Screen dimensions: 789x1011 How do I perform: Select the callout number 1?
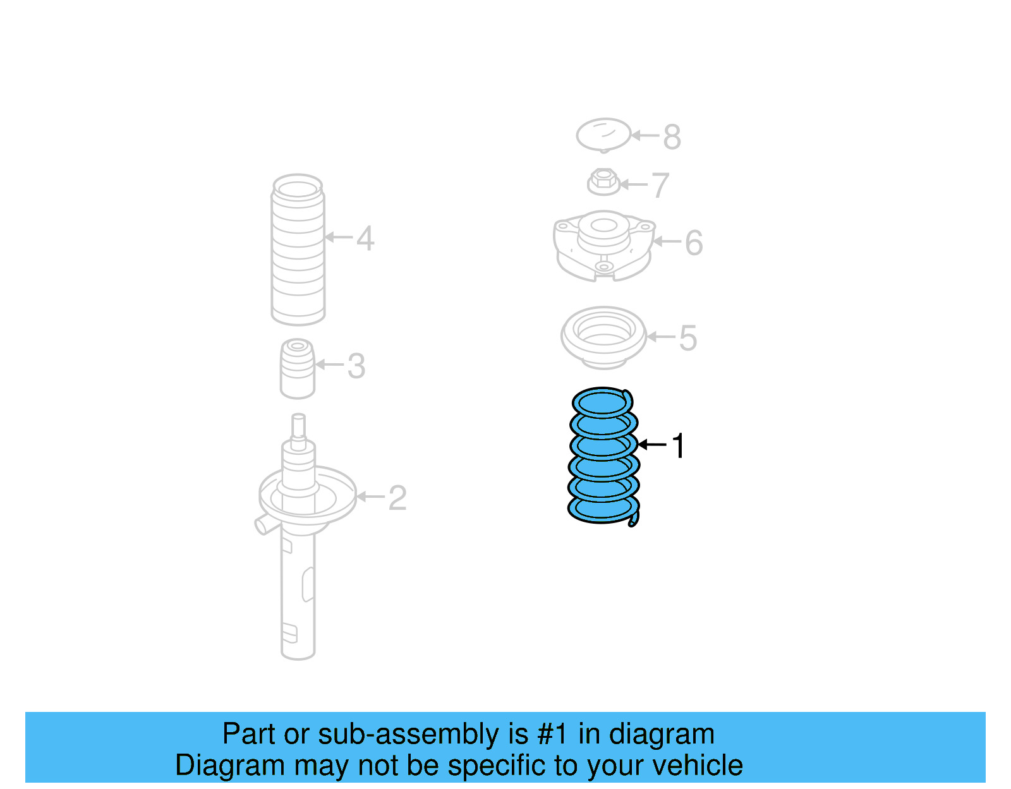pos(678,446)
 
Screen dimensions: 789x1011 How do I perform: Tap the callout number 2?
pos(397,498)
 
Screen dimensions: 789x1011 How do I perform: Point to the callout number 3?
pos(356,366)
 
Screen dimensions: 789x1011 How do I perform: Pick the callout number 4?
pos(365,239)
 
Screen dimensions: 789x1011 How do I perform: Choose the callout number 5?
pos(688,338)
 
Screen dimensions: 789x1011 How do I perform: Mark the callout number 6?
pos(694,243)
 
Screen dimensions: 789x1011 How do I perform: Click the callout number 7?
pos(660,186)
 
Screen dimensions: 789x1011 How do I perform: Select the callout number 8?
pos(672,136)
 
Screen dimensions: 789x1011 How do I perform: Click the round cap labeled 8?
pos(603,135)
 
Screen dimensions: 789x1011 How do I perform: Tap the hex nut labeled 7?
pos(603,182)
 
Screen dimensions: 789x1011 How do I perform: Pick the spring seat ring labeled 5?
pos(603,337)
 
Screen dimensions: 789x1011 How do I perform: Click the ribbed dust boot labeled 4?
pos(298,250)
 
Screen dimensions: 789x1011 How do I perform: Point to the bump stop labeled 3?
pos(297,370)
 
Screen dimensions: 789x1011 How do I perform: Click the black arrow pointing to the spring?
pos(652,445)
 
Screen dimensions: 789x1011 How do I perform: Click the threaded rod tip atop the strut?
pos(298,425)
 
